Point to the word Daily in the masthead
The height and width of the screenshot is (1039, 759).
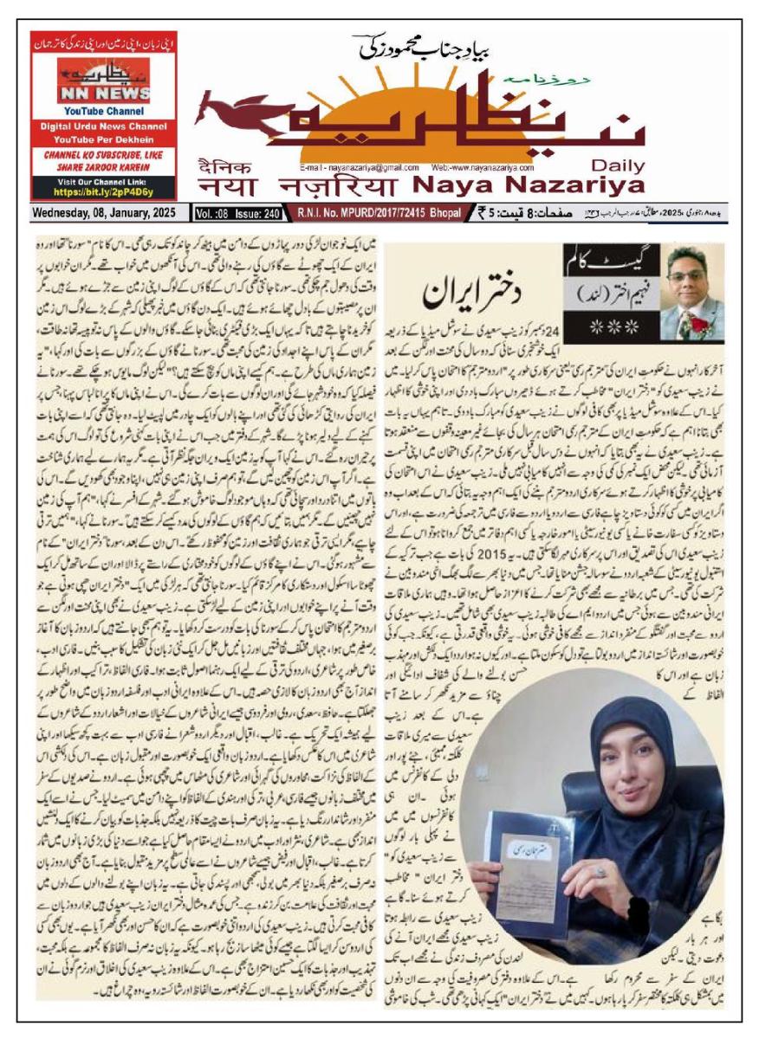[617, 166]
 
